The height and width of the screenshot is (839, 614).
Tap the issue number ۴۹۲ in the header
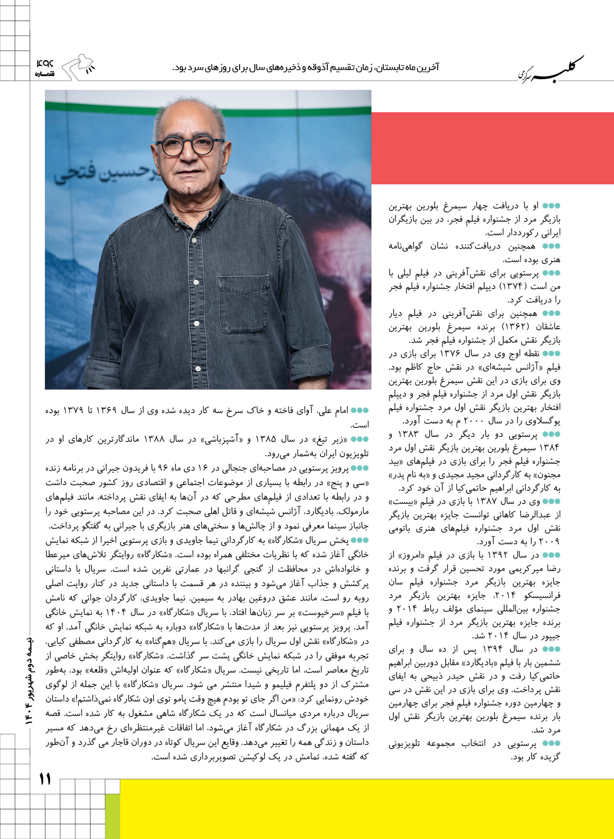45,63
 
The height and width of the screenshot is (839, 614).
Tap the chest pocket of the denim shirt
244,304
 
